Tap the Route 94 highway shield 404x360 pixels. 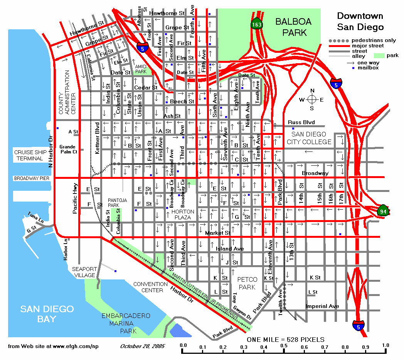pos(383,210)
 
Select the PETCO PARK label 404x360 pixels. pos(247,283)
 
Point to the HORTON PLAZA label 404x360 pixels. pos(183,215)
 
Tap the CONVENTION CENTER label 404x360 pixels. pos(150,287)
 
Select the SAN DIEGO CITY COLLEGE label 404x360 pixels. pos(309,138)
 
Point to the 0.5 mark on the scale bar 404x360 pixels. pos(284,345)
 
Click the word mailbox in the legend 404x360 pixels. pos(368,68)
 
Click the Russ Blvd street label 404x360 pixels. pos(301,123)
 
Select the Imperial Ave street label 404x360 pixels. pos(322,306)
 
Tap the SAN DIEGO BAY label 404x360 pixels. pos(47,314)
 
